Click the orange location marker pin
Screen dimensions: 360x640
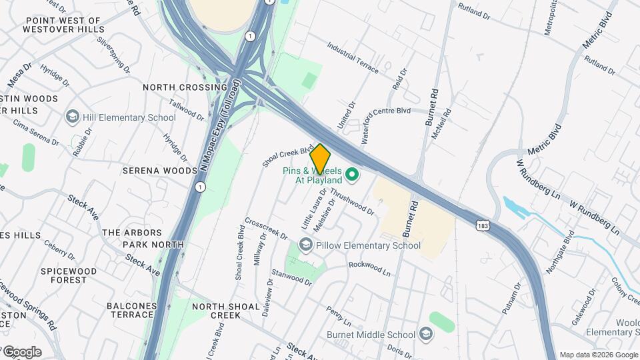coord(320,158)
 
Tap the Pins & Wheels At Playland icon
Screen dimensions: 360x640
coord(353,176)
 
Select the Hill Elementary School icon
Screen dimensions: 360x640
coord(72,117)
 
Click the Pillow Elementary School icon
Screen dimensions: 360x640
coord(305,245)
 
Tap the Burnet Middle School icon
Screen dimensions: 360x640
coord(427,334)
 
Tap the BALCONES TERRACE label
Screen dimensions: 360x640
coord(131,311)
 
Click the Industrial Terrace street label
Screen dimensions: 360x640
coord(353,58)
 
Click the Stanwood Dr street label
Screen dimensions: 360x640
coord(292,277)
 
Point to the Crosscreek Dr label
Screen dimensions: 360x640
coord(266,228)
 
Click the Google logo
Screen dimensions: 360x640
coord(21,352)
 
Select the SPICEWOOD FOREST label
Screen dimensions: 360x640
coord(69,275)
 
